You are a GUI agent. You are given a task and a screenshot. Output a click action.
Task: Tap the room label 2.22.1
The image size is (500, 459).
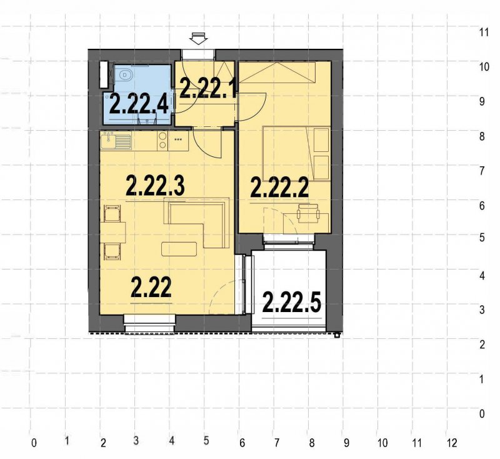pos(207,88)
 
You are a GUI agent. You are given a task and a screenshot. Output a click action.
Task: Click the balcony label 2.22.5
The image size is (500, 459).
pos(292,303)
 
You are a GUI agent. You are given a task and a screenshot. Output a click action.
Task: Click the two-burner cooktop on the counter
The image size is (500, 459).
pos(162,142)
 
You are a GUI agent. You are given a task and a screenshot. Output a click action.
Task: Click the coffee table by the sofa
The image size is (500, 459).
pos(179,249)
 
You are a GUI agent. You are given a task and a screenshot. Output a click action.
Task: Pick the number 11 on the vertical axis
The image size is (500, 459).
pos(483,32)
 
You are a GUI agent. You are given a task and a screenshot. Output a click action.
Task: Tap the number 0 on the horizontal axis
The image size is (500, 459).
pos(34,443)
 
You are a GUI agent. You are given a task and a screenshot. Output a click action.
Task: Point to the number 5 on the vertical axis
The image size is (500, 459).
pos(482,237)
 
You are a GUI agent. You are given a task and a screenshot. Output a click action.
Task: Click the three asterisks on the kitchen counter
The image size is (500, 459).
pos(179,140)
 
